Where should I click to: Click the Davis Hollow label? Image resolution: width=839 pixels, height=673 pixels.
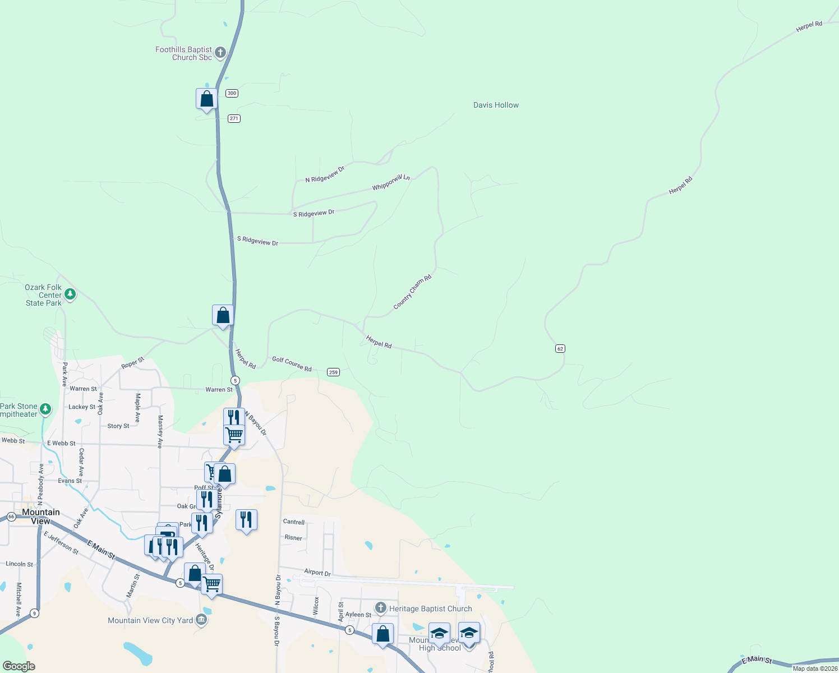(x=496, y=105)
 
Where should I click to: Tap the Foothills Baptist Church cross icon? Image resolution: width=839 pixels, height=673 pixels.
(x=220, y=53)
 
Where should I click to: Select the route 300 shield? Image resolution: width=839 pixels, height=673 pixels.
(x=232, y=93)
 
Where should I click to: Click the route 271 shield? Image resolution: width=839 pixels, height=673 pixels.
(x=234, y=118)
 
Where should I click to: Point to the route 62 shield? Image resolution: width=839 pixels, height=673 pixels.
(x=560, y=349)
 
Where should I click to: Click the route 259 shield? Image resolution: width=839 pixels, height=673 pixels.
(x=333, y=372)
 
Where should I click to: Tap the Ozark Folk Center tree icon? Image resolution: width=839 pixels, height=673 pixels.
(x=70, y=294)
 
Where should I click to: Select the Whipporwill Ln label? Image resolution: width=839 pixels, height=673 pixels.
(x=391, y=182)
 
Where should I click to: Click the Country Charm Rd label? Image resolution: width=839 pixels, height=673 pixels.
(x=412, y=292)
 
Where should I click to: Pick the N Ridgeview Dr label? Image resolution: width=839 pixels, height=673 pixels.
(x=325, y=174)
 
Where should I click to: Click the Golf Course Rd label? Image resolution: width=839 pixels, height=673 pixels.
(x=292, y=363)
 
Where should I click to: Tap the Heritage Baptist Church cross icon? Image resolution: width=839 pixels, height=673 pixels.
(x=381, y=608)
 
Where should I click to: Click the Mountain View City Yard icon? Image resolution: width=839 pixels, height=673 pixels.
(x=202, y=620)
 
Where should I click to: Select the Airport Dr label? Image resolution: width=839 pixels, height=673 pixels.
(x=317, y=573)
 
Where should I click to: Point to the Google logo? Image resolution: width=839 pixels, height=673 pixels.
(x=19, y=666)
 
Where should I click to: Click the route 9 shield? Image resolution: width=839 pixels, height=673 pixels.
(x=35, y=612)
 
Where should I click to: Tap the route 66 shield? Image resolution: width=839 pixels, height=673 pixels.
(x=11, y=517)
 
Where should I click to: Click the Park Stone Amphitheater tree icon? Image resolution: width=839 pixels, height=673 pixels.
(x=45, y=409)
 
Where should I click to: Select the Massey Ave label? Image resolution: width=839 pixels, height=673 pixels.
(x=160, y=431)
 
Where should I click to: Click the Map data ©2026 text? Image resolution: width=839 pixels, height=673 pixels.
(x=815, y=669)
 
